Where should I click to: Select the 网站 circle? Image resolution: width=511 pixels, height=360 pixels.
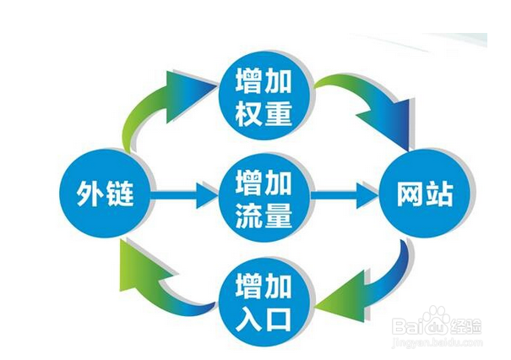tap(425, 194)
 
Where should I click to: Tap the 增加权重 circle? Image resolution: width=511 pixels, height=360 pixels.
tap(264, 99)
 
